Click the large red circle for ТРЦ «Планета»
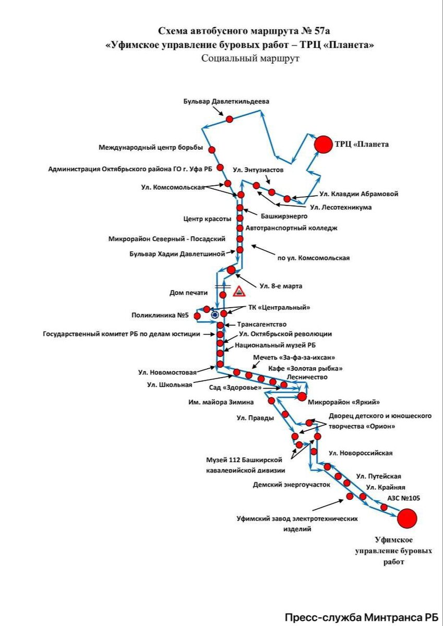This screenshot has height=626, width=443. point(322,144)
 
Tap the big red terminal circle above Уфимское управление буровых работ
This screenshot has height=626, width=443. point(407,519)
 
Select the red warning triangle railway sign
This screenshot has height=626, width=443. point(239,291)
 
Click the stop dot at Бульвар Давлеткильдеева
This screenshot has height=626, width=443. point(229,119)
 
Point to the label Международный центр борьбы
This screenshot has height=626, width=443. point(151,148)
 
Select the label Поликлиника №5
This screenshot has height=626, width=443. point(160,315)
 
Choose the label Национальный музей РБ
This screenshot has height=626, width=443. point(275,345)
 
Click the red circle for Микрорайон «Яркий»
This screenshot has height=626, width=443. point(302,396)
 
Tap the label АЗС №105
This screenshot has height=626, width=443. point(403,498)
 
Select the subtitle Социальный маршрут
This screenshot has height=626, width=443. point(250,58)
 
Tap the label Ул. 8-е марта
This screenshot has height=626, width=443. point(281,286)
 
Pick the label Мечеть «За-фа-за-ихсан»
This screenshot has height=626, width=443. point(294,357)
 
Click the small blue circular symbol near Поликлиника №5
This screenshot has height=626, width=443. point(214,315)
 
